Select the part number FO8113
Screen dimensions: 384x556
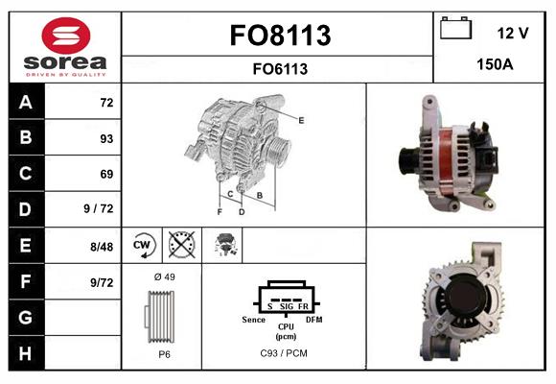[x=280, y=36]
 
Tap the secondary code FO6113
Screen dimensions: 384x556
[x=280, y=68]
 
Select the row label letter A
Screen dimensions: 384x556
[x=25, y=101]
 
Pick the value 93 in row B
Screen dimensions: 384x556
[x=105, y=138]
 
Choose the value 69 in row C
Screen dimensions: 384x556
[x=105, y=174]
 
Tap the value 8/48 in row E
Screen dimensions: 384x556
[x=101, y=246]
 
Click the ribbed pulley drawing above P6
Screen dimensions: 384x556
[x=161, y=315]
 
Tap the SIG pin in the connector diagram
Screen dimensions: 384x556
[x=286, y=306]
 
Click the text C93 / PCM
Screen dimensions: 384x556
[x=286, y=352]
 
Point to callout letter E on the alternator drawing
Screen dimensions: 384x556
[x=302, y=120]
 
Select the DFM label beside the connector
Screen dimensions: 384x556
[x=313, y=318]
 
